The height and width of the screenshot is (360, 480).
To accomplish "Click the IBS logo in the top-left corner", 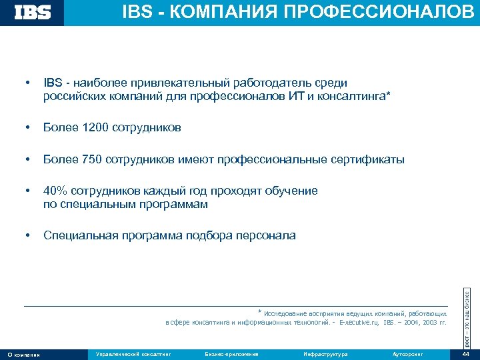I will pyautogui.click(x=33, y=12).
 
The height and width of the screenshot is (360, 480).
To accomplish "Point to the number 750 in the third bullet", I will pyautogui.click(x=91, y=159).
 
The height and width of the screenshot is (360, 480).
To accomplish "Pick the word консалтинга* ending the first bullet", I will pyautogui.click(x=353, y=97).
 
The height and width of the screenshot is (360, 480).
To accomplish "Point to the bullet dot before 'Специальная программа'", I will pyautogui.click(x=26, y=235).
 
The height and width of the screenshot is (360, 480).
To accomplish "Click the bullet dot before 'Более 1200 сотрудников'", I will pyautogui.click(x=26, y=127).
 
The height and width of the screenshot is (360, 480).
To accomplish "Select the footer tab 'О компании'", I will pyautogui.click(x=23, y=354).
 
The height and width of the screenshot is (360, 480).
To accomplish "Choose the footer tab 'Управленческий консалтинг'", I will pyautogui.click(x=134, y=354).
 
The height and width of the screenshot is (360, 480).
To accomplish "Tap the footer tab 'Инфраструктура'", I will pyautogui.click(x=325, y=354).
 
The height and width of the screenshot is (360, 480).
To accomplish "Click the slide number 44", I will pyautogui.click(x=465, y=354).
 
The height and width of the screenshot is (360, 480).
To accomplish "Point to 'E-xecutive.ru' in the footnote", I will pyautogui.click(x=359, y=322).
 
